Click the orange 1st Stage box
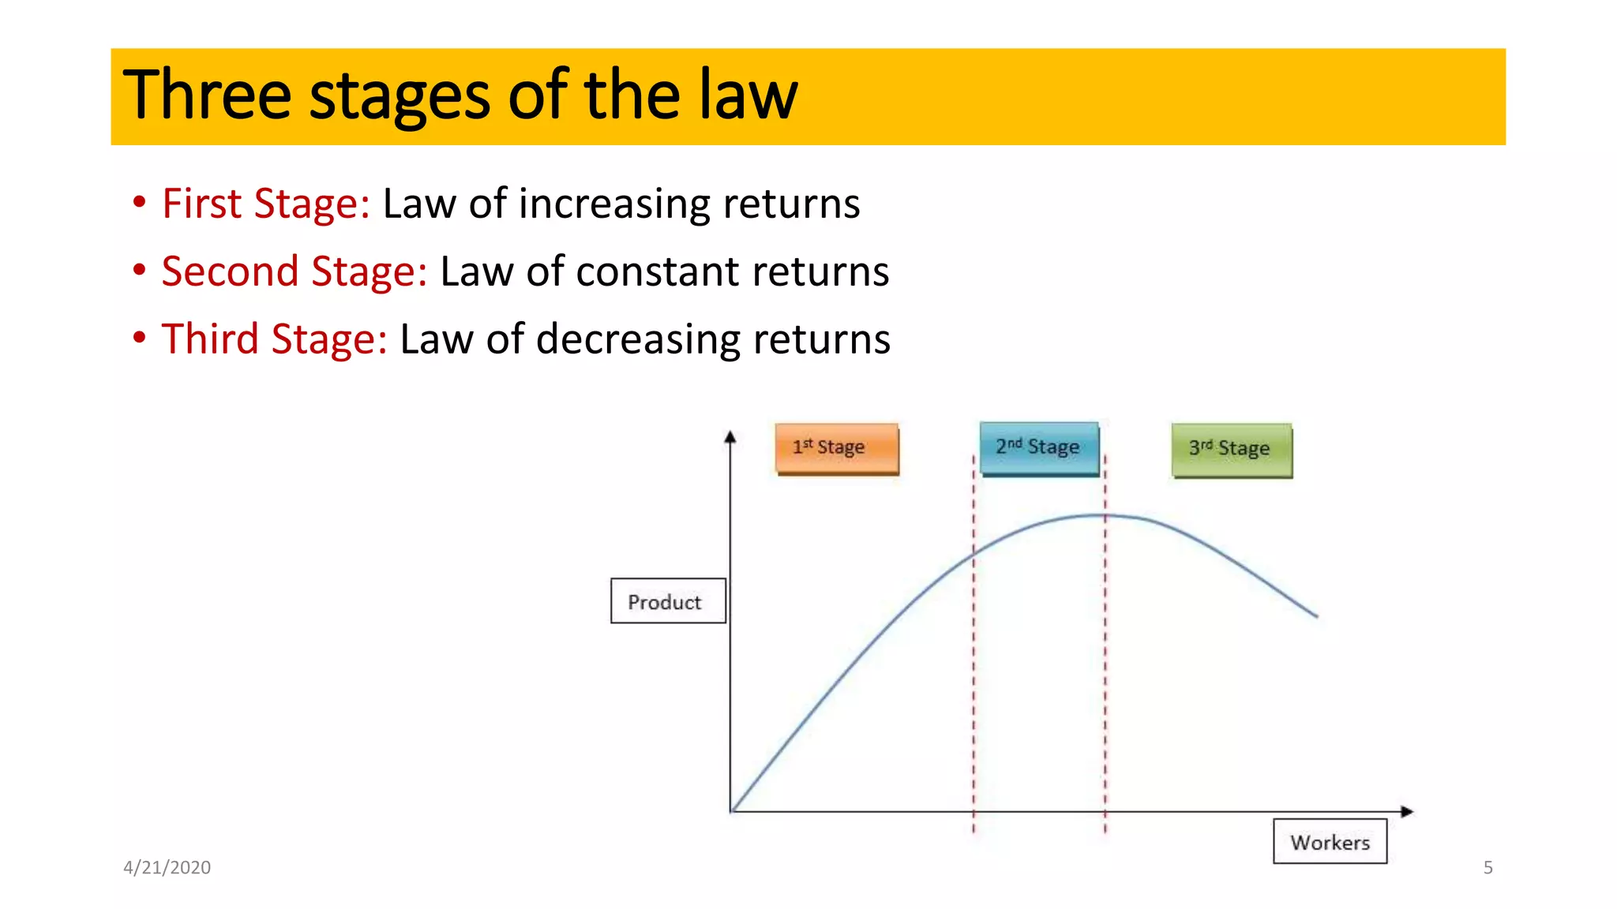(836, 448)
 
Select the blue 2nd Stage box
(1039, 448)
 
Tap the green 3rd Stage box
(1232, 450)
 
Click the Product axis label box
(667, 601)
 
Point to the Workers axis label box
(1330, 842)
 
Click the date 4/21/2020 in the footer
(167, 867)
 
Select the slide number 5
(1488, 867)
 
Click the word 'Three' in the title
(207, 95)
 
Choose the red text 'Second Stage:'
(295, 271)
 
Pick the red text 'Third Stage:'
(274, 339)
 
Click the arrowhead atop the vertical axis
(730, 436)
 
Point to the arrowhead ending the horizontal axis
(1407, 811)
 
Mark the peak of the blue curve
(1101, 515)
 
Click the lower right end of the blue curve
(1316, 615)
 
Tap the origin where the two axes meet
(731, 811)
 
